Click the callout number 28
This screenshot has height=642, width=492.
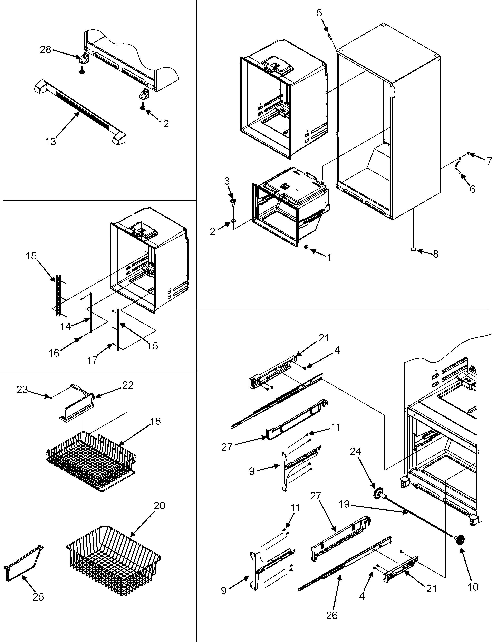tap(45, 50)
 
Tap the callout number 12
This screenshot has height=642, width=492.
tap(163, 124)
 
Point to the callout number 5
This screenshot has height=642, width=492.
tap(319, 13)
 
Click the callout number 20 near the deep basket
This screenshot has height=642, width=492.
tap(159, 506)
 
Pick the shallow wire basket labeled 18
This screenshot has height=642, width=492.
tap(91, 463)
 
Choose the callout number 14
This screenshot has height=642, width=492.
tap(66, 326)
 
